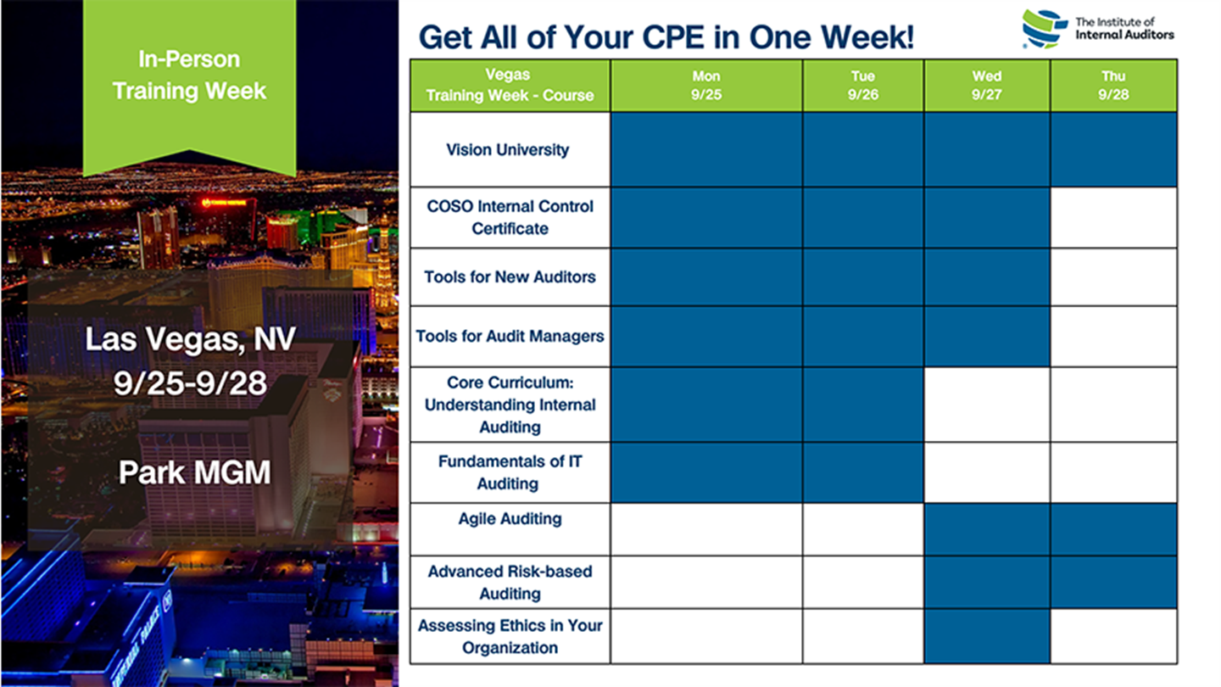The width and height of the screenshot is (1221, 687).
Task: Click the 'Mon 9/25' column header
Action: point(706,85)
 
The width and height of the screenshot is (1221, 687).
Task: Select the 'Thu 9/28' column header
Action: point(1113,85)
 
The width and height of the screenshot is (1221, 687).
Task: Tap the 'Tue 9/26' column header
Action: point(863,85)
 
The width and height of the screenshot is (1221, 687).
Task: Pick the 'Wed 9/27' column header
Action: point(987,85)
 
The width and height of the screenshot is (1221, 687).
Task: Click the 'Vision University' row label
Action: point(507,150)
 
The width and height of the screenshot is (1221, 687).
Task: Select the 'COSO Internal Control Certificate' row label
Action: point(510,217)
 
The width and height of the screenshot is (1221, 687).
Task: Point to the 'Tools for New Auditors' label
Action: point(510,277)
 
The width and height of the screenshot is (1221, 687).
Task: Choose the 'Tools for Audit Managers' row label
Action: point(510,337)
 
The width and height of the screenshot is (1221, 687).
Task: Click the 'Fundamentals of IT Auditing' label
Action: point(510,472)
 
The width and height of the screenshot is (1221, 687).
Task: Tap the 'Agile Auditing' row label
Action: point(510,519)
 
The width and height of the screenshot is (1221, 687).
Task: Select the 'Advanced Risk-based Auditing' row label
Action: point(510,583)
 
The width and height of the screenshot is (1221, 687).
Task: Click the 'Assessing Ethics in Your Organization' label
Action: point(510,636)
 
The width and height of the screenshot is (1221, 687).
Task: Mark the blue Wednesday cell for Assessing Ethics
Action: point(987,636)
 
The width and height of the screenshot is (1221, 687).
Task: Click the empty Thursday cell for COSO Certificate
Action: point(1113,217)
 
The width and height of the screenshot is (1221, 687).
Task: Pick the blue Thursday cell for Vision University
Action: point(1113,150)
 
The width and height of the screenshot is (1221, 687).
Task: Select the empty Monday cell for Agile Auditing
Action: point(706,529)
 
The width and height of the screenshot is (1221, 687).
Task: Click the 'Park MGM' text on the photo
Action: point(195,472)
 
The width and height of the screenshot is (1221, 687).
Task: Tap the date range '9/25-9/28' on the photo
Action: point(190,383)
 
